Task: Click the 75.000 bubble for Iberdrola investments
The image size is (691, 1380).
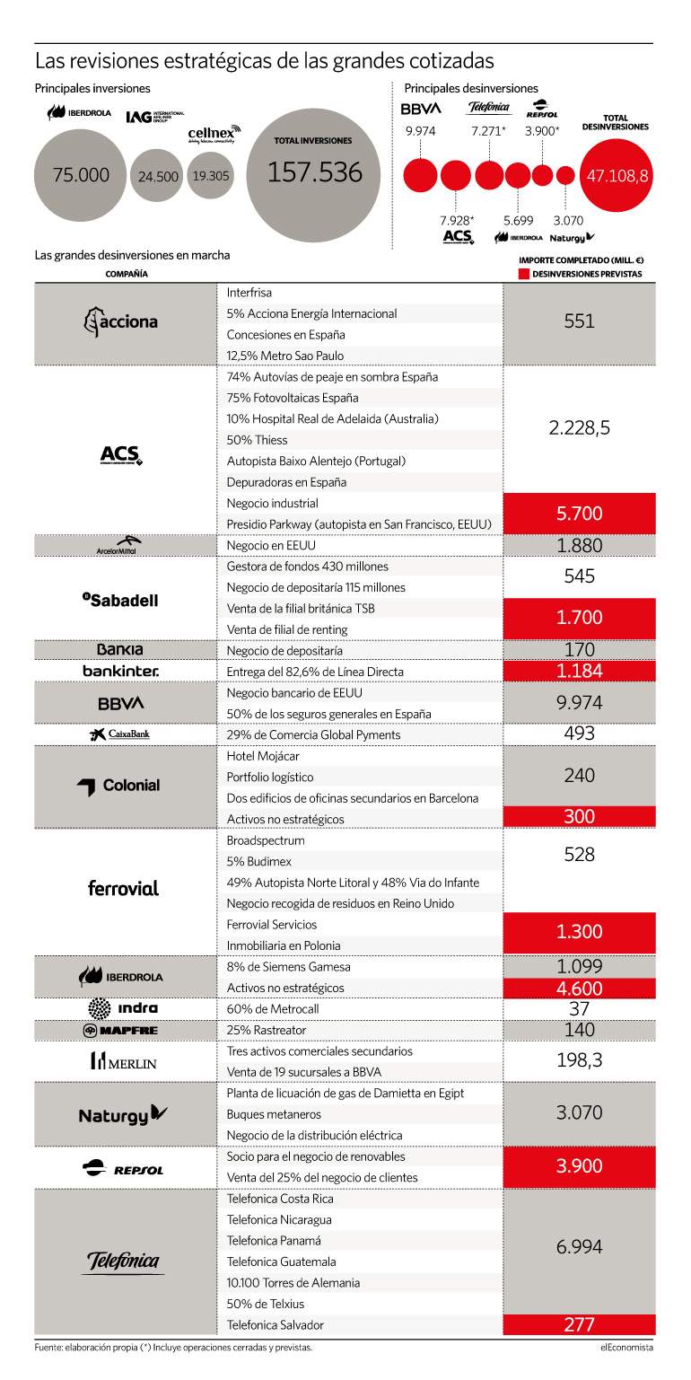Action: click(80, 176)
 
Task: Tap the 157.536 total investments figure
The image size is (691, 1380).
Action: click(315, 172)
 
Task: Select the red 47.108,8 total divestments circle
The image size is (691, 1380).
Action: click(617, 176)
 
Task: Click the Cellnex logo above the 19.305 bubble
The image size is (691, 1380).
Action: click(214, 134)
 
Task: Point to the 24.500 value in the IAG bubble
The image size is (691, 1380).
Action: click(158, 177)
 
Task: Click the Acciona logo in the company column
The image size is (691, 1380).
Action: click(121, 321)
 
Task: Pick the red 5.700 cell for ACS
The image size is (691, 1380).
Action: click(579, 514)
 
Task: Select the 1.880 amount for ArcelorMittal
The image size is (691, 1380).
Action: click(579, 545)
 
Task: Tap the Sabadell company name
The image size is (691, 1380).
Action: click(120, 600)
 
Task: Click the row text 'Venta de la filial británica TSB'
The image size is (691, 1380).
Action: click(301, 609)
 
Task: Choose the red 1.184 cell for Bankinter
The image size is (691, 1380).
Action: click(579, 671)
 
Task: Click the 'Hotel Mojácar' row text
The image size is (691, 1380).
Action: click(263, 756)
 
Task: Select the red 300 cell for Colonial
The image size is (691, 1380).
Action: click(579, 816)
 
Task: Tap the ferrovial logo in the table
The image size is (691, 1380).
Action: click(123, 888)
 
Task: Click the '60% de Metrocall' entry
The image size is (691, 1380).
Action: click(273, 1008)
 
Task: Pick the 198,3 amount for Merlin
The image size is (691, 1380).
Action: click(579, 1059)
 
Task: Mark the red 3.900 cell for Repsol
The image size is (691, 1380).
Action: click(579, 1165)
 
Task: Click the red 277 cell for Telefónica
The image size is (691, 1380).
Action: click(579, 1324)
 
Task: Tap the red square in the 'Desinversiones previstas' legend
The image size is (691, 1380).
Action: click(523, 274)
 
